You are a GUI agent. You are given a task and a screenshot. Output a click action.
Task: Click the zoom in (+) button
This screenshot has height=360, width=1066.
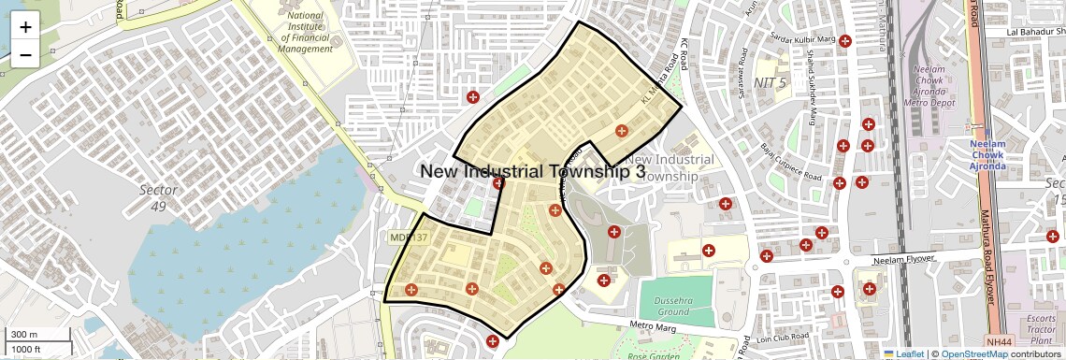pos(25,27)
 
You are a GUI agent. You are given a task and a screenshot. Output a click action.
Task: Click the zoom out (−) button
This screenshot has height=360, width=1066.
pos(25,55)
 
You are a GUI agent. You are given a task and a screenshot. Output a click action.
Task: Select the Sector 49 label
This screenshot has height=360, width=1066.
pos(158,197)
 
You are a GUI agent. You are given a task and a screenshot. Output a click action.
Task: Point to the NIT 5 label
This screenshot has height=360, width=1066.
pos(770,82)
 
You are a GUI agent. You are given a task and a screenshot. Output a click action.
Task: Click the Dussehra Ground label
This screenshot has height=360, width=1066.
pos(673,305)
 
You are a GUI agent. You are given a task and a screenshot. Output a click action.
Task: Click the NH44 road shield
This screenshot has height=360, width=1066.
pos(998,343)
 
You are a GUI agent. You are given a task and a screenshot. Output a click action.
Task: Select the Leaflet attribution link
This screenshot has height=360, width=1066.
pos(903,354)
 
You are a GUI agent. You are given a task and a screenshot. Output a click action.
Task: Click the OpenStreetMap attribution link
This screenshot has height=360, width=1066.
pos(973,354)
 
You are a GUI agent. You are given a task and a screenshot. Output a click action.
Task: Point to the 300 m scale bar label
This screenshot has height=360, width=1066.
pos(24,335)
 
